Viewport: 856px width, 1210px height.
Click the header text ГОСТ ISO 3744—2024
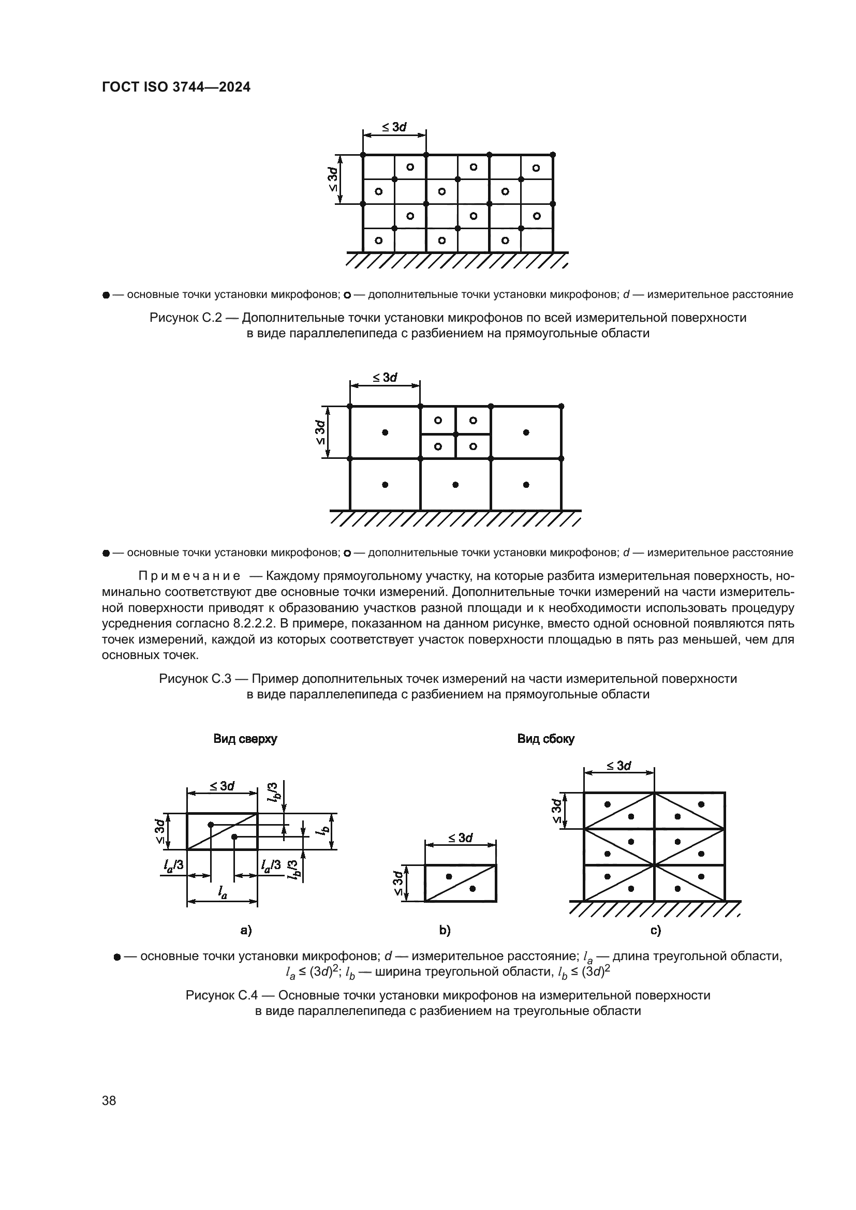pos(175,87)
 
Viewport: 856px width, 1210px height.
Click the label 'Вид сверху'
pos(245,739)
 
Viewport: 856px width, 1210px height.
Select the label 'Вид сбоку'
pos(545,739)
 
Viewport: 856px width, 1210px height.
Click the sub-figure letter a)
pos(246,930)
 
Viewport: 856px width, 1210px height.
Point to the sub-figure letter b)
pos(445,930)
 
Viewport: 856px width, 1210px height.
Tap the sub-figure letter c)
pos(655,930)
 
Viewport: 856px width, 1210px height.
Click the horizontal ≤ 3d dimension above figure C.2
pos(394,127)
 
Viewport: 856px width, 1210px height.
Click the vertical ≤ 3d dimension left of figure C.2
pos(332,179)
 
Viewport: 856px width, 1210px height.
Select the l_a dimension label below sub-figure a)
pos(222,892)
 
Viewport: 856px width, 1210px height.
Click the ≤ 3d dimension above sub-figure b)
pos(461,838)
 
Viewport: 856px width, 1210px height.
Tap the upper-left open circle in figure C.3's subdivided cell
pos(438,420)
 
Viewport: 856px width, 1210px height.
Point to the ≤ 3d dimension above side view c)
pos(619,765)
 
